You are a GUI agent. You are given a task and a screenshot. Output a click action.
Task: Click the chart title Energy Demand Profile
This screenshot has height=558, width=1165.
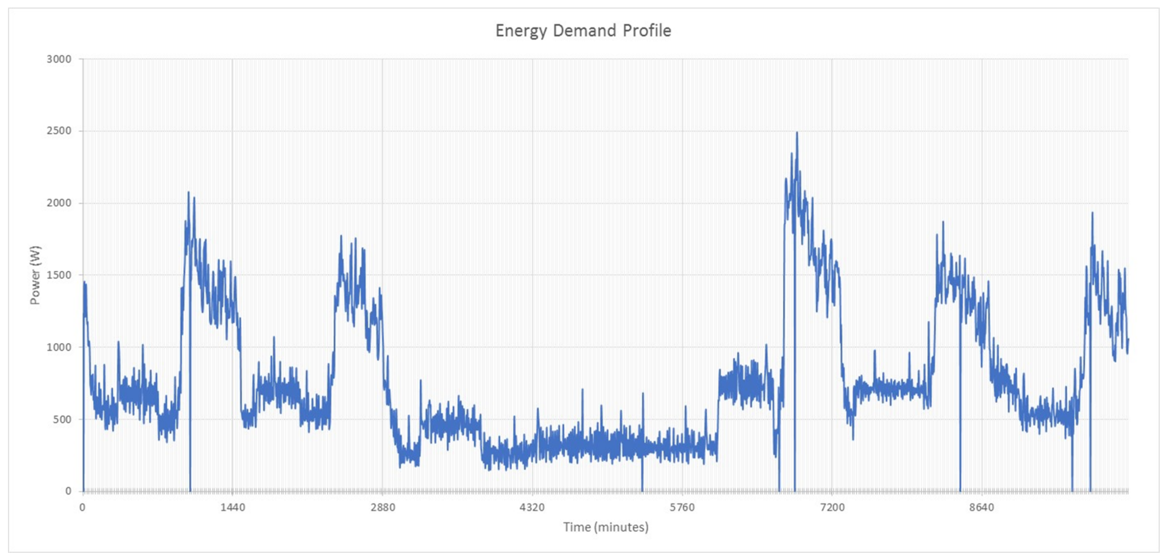coord(583,31)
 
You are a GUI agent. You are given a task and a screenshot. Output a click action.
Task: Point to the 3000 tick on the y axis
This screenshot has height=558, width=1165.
coord(59,59)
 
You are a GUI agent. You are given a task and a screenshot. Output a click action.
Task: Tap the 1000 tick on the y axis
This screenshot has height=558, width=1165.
coord(59,347)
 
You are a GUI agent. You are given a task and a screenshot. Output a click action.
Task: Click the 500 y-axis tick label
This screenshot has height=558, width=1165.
coord(62,419)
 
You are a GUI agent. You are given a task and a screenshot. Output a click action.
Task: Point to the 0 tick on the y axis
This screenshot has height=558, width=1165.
coord(68,491)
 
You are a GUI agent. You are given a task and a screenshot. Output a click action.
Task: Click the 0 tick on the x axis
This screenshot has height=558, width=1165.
coord(82,507)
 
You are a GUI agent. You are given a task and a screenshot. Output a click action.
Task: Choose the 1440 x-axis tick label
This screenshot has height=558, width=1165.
coord(232,507)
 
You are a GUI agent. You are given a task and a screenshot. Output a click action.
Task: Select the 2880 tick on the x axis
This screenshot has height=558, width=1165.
coord(382,507)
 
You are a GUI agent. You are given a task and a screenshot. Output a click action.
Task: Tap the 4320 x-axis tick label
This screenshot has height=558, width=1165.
coord(532,507)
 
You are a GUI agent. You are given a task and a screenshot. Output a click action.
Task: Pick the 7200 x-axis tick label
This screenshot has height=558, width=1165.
coord(832,507)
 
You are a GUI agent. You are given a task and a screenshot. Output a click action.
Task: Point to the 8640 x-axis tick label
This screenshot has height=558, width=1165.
coord(982,507)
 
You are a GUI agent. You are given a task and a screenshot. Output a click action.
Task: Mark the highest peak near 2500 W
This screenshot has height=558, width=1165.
coord(797,133)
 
